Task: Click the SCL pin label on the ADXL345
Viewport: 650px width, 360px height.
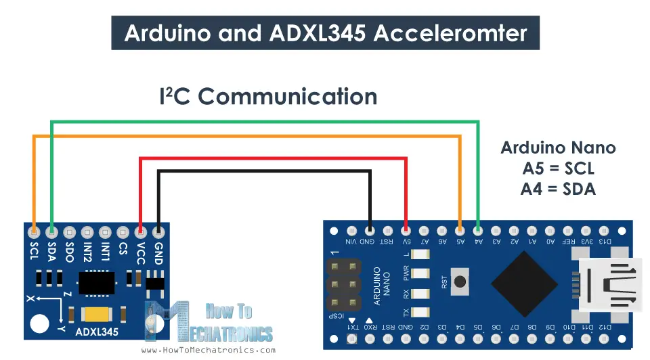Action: point(35,251)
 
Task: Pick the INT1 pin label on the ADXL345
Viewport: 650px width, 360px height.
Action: point(105,252)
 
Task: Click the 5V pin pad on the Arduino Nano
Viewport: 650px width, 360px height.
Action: point(406,229)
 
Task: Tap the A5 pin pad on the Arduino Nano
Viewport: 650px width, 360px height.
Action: point(460,229)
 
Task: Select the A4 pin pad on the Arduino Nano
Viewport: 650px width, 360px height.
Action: point(479,229)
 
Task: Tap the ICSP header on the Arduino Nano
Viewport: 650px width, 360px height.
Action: point(344,285)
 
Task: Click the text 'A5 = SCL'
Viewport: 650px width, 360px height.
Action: point(558,168)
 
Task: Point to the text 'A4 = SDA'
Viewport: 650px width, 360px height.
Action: point(558,189)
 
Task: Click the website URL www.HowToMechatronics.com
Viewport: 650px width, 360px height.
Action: point(208,350)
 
